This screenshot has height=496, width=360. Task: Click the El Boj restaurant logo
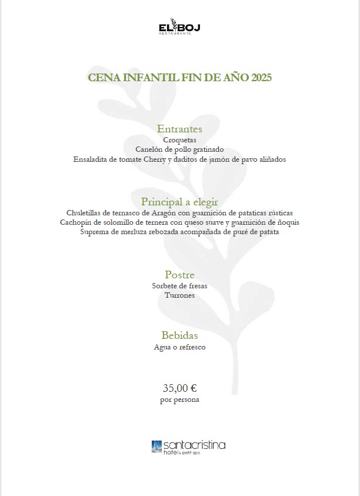click(x=180, y=27)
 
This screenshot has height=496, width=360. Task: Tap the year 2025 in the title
click(x=261, y=78)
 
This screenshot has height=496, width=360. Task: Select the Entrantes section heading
click(x=180, y=129)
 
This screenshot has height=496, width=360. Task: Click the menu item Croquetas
click(x=180, y=141)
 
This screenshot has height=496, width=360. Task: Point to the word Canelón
click(x=149, y=150)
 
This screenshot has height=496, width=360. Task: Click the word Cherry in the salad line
click(x=187, y=159)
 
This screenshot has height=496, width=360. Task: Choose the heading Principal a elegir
click(x=180, y=202)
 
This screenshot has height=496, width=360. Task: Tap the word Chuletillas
click(x=88, y=213)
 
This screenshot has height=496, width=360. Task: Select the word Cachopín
click(x=78, y=222)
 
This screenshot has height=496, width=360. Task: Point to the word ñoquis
click(x=287, y=222)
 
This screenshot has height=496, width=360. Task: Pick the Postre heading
click(x=180, y=275)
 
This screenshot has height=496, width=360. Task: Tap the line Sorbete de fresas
click(x=180, y=286)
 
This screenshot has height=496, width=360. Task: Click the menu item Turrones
click(x=180, y=295)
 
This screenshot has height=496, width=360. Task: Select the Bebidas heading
click(x=180, y=335)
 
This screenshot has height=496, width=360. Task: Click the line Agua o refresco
click(x=180, y=347)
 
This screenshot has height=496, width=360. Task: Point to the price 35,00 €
click(x=180, y=388)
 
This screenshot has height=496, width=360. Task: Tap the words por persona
click(x=180, y=400)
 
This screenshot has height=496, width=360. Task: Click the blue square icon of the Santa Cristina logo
click(x=156, y=446)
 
